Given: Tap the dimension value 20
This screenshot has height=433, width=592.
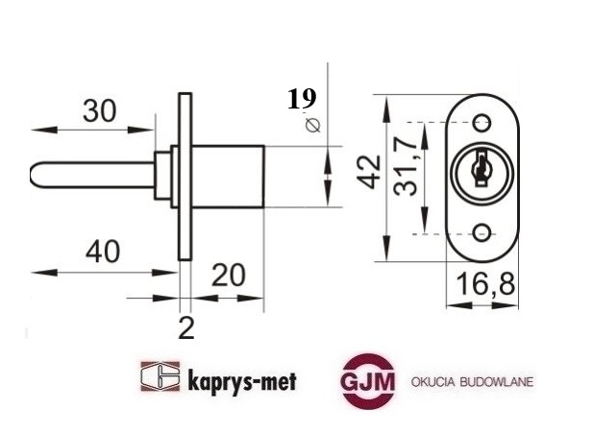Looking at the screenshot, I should tap(227, 276).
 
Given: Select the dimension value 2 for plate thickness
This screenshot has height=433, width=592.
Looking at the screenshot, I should tap(186, 329).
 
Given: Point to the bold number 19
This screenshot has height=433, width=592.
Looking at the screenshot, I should tap(301, 98).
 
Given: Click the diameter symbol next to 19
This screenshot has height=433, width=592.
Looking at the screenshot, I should tap(310, 125).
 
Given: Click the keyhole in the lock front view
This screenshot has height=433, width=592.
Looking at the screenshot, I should tap(481, 171).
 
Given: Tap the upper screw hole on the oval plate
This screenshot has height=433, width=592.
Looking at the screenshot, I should tap(481, 122).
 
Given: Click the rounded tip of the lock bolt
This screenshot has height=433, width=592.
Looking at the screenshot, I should tap(38, 177).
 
